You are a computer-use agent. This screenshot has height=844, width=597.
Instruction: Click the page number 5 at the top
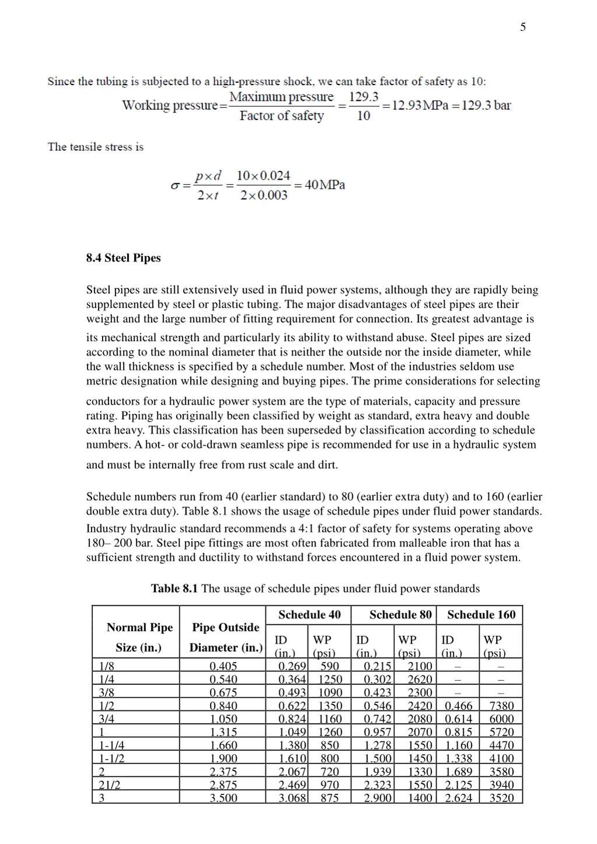[523, 27]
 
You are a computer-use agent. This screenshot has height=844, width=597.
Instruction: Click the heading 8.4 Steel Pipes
[124, 258]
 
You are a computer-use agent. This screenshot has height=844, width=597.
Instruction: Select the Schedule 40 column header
[309, 615]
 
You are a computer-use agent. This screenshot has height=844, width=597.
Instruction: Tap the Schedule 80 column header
[401, 615]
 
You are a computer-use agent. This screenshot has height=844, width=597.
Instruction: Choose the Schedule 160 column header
[481, 615]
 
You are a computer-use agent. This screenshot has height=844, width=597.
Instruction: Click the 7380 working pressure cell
[501, 706]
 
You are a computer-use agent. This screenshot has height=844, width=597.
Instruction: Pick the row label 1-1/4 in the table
[112, 745]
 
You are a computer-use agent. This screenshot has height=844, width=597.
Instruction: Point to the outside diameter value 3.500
[223, 798]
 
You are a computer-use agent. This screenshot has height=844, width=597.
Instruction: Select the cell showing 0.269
[292, 666]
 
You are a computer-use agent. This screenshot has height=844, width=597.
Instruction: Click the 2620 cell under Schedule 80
[420, 680]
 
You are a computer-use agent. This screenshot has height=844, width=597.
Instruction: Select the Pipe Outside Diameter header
[226, 637]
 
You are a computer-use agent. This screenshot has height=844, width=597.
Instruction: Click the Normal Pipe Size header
[139, 637]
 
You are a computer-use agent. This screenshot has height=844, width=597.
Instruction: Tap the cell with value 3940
[501, 785]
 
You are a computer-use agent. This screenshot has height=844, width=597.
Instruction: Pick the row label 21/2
[110, 785]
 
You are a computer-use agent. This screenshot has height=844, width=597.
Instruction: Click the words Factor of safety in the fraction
[282, 115]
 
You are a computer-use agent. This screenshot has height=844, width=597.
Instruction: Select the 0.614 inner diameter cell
[459, 719]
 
